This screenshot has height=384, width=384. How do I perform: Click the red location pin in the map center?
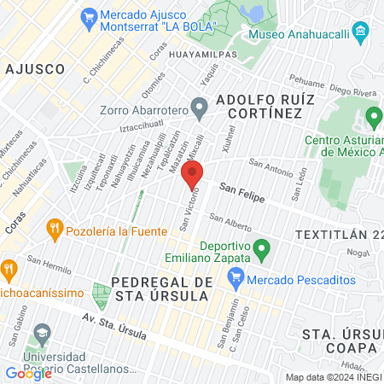coord(194,174)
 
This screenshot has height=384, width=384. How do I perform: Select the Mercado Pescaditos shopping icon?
coord(236,278)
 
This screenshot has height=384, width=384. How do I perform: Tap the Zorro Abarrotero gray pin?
coord(200,108)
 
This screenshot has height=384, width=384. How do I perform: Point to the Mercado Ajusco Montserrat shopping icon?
coord(89,15)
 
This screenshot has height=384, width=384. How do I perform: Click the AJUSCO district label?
coord(34,68)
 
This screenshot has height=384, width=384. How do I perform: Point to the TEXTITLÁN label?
coord(338,233)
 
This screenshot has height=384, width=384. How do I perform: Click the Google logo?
coord(29,373)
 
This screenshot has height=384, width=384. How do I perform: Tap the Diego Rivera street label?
coord(352,90)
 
